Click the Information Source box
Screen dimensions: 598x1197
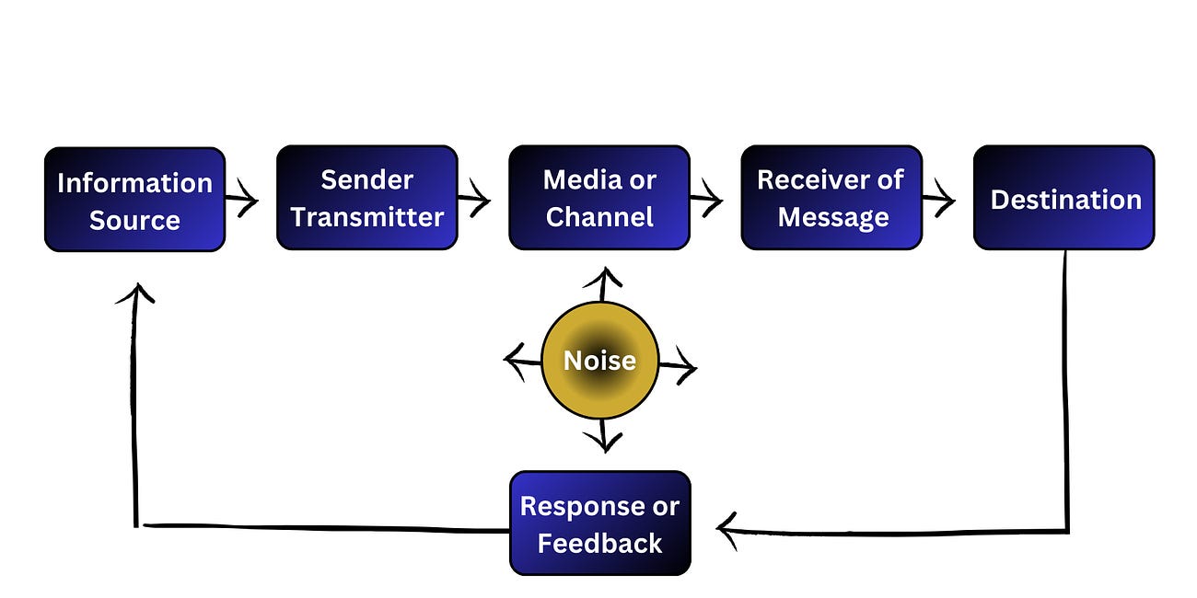(134, 200)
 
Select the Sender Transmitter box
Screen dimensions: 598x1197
(366, 198)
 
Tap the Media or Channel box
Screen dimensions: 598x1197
(598, 198)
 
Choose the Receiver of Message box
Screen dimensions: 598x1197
(831, 198)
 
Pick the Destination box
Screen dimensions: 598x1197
(1063, 198)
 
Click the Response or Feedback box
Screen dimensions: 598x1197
(599, 523)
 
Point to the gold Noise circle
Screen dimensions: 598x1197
(599, 360)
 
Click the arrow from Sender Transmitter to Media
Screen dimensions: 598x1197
(475, 198)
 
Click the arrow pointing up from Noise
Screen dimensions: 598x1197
(603, 283)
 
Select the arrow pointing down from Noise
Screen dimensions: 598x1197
(603, 436)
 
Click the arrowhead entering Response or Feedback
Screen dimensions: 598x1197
(727, 531)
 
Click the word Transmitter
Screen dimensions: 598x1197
(366, 217)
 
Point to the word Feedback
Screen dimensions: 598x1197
(599, 544)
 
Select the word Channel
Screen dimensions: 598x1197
(598, 217)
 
